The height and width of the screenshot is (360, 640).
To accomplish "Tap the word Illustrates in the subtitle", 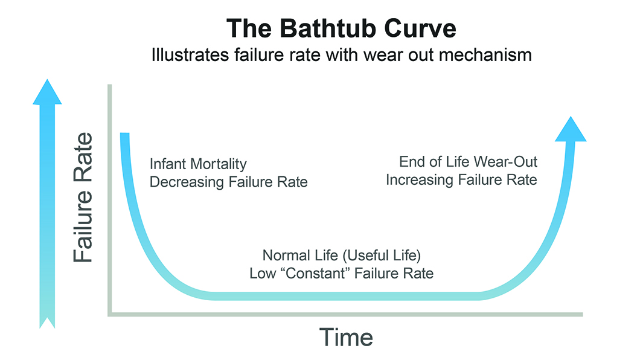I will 179,56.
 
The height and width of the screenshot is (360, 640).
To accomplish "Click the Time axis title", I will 345,337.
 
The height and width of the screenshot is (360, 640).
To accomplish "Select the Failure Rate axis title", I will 85,197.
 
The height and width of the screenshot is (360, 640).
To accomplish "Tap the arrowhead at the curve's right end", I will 570,128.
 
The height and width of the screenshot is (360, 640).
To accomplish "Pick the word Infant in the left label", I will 167,164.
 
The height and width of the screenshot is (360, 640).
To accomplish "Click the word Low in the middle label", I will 261,273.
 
